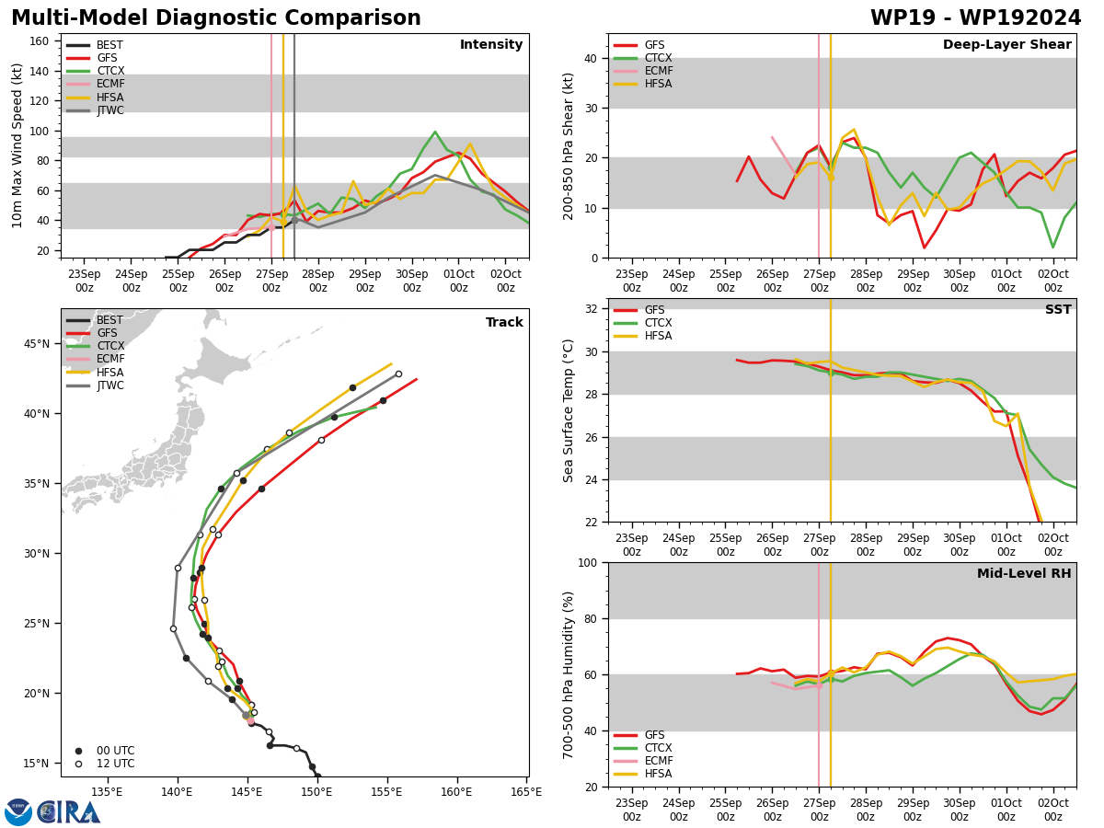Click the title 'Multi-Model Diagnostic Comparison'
point(216,17)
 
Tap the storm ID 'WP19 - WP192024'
point(975,17)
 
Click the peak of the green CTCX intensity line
point(435,132)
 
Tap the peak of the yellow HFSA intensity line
point(470,144)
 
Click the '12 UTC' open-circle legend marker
point(78,765)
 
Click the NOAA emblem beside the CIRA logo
point(18,812)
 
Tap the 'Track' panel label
point(504,322)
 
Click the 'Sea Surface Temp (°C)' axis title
point(568,410)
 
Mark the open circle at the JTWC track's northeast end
point(399,374)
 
